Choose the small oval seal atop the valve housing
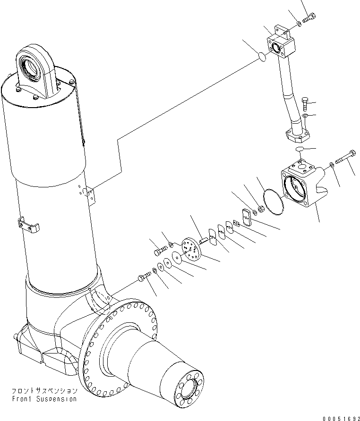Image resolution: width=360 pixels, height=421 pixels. coord(300,149)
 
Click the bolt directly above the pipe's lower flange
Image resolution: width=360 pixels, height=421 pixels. coord(306,102)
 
